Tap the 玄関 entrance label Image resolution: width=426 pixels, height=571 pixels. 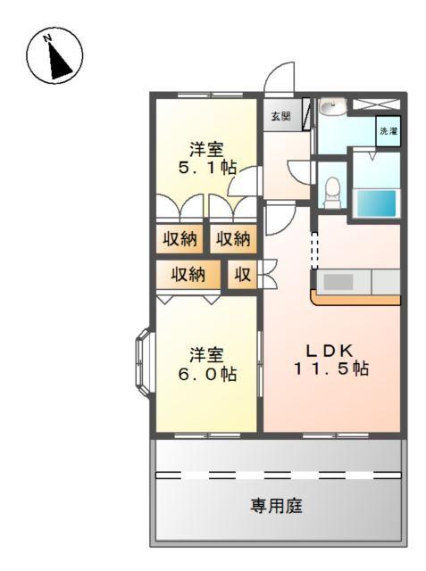point(280,116)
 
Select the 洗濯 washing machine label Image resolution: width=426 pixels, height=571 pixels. point(388,131)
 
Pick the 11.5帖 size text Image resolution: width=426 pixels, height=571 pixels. point(331,368)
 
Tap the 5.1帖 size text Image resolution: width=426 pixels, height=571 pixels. point(205,167)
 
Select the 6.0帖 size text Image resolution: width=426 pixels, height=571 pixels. point(205,375)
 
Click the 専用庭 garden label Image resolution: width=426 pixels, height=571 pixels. point(276,507)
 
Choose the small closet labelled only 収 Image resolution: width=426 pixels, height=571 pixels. point(242,275)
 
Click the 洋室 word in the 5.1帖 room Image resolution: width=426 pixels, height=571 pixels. point(205,148)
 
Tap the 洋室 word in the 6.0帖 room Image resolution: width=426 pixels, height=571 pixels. point(205,355)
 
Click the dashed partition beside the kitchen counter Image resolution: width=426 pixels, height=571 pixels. point(314,249)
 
